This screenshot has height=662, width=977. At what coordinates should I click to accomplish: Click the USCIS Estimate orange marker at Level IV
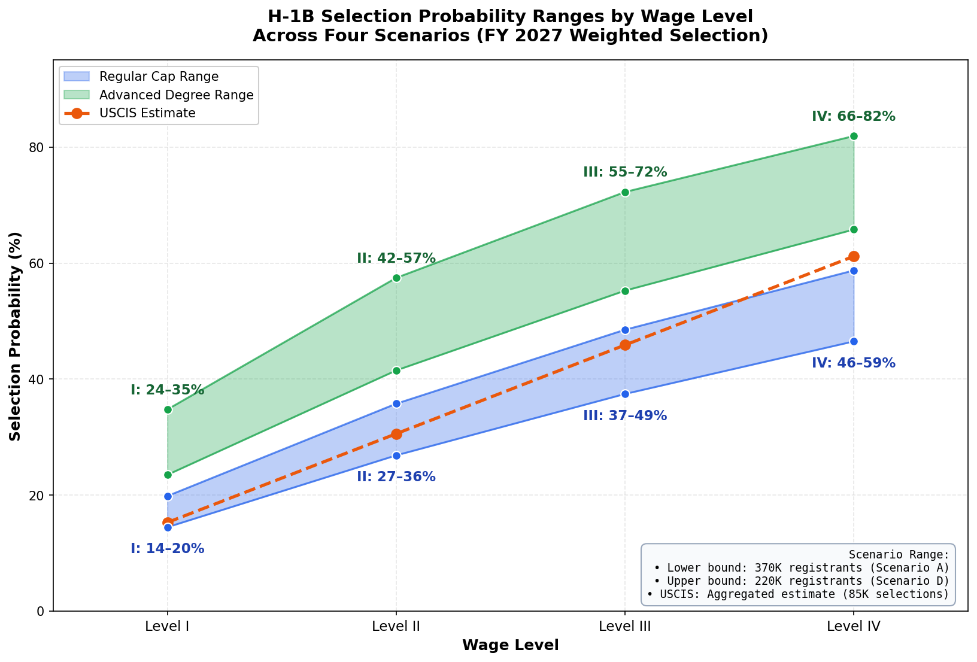pyautogui.click(x=854, y=256)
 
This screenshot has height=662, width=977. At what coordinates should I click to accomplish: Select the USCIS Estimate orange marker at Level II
pyautogui.click(x=396, y=434)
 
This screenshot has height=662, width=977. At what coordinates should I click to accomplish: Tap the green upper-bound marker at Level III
pyautogui.click(x=625, y=192)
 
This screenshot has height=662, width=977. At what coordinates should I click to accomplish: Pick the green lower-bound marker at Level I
pyautogui.click(x=168, y=475)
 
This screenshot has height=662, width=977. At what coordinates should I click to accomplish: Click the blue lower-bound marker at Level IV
pyautogui.click(x=854, y=341)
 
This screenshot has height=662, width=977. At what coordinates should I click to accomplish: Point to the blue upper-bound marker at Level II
pyautogui.click(x=396, y=403)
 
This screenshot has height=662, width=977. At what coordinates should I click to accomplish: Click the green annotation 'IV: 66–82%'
pyautogui.click(x=853, y=117)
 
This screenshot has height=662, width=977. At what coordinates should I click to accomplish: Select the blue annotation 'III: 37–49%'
pyautogui.click(x=624, y=415)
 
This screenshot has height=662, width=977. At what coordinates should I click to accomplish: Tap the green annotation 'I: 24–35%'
pyautogui.click(x=167, y=390)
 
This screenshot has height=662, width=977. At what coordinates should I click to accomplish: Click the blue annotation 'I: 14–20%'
pyautogui.click(x=167, y=548)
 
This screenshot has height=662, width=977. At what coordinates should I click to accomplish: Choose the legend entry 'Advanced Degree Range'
pyautogui.click(x=176, y=95)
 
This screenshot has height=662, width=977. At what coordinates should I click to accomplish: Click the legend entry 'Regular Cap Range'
pyautogui.click(x=159, y=77)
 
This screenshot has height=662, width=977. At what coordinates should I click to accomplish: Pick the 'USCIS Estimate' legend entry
pyautogui.click(x=147, y=113)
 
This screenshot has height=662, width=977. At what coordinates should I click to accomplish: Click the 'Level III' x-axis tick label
pyautogui.click(x=625, y=627)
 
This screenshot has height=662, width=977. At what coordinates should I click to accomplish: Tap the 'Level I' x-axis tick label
pyautogui.click(x=168, y=627)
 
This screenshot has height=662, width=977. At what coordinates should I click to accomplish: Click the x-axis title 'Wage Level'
pyautogui.click(x=510, y=645)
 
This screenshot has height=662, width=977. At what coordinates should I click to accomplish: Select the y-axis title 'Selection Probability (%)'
pyautogui.click(x=15, y=336)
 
